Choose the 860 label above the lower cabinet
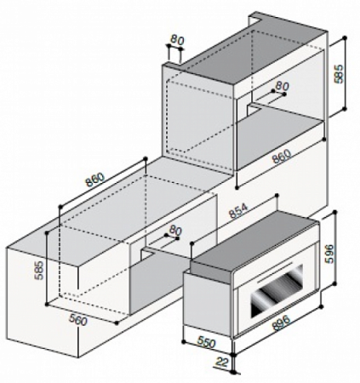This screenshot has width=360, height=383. click(x=95, y=180)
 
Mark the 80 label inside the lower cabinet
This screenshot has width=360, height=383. click(x=176, y=230)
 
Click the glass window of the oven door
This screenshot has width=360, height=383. click(x=272, y=300)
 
